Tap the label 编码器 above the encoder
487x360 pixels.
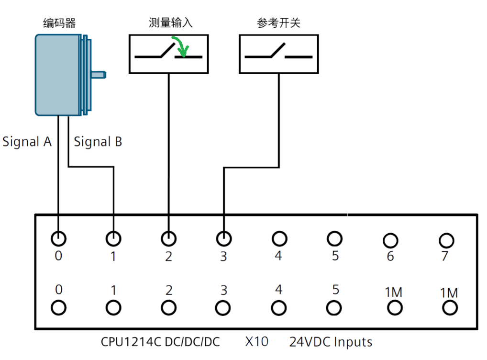pyautogui.click(x=59, y=22)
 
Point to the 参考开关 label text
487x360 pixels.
pyautogui.click(x=279, y=22)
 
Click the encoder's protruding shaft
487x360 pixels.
pyautogui.click(x=98, y=74)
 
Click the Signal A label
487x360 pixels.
pyautogui.click(x=27, y=142)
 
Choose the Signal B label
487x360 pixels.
pyautogui.click(x=98, y=142)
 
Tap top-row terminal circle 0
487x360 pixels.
pyautogui.click(x=58, y=238)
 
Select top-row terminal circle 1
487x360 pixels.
pyautogui.click(x=113, y=238)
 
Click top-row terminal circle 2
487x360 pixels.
pyautogui.click(x=168, y=238)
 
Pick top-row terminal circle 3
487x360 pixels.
pyautogui.click(x=223, y=238)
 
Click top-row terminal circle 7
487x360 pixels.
pyautogui.click(x=446, y=239)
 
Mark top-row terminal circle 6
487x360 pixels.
pyautogui.click(x=390, y=239)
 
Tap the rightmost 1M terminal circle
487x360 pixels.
pyautogui.click(x=450, y=308)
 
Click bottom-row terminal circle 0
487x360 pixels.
pyautogui.click(x=58, y=308)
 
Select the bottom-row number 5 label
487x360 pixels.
pyautogui.click(x=335, y=290)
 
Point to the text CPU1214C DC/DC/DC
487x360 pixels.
pyautogui.click(x=160, y=342)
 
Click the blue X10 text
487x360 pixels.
pyautogui.click(x=257, y=342)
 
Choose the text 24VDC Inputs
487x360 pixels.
pyautogui.click(x=331, y=342)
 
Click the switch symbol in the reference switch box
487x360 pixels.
pyautogui.click(x=278, y=53)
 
